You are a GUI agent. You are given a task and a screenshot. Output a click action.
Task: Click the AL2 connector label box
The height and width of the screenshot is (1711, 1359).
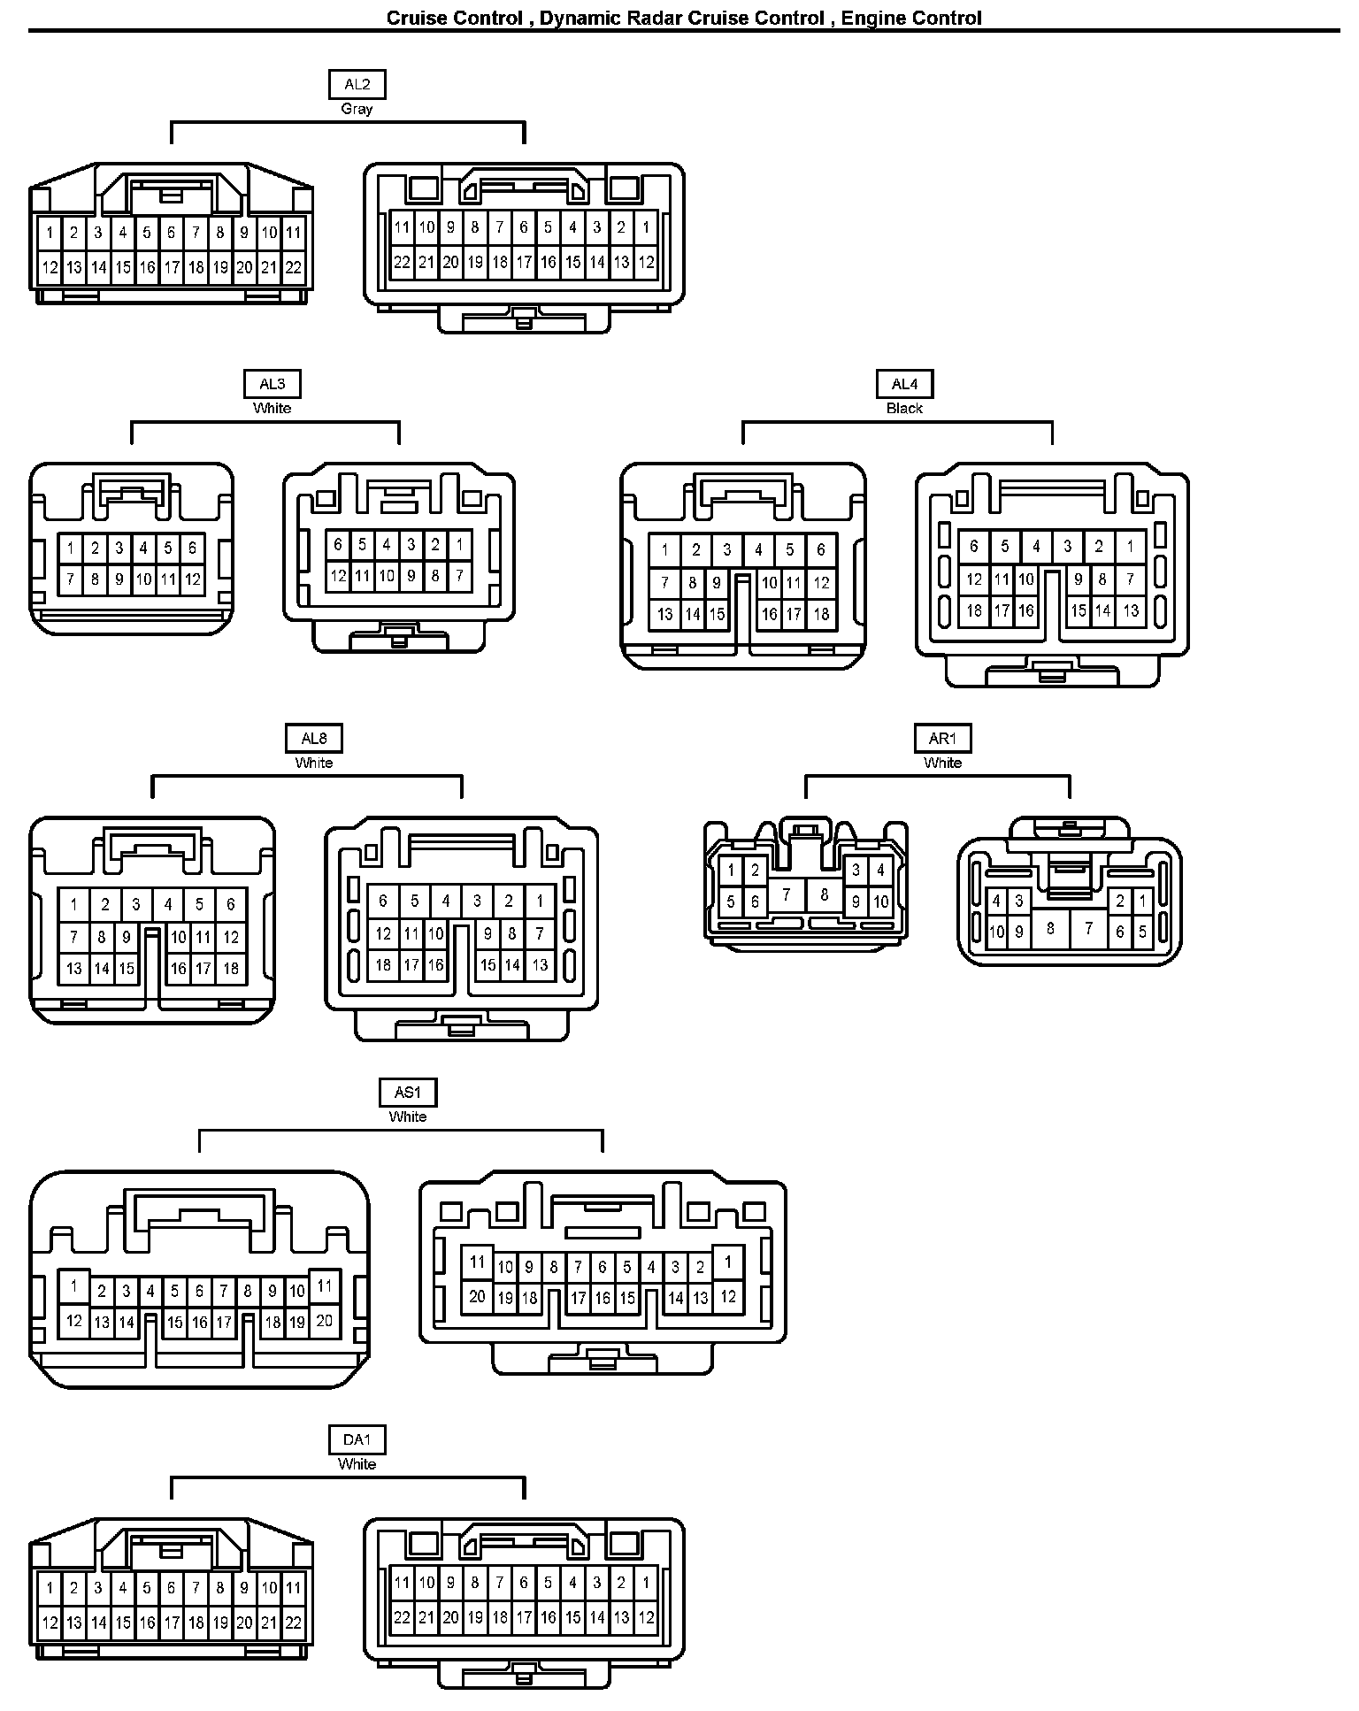tap(357, 85)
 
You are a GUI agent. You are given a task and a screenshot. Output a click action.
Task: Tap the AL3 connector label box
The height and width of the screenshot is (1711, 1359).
tap(273, 384)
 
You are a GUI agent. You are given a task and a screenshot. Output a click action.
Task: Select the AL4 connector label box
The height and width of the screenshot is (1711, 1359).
tap(904, 384)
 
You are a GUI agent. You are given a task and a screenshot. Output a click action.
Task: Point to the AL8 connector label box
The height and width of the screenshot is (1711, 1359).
tap(314, 739)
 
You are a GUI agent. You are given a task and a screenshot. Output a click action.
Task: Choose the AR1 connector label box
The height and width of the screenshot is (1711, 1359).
tap(942, 739)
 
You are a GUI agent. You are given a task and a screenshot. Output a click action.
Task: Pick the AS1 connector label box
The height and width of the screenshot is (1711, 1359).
tap(408, 1093)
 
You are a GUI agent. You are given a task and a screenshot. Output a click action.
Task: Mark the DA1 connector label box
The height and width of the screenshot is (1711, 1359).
tap(357, 1440)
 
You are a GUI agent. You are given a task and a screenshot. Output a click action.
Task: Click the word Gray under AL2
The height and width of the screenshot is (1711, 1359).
tap(357, 109)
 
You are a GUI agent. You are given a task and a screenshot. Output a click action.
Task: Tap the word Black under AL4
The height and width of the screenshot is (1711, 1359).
tap(904, 408)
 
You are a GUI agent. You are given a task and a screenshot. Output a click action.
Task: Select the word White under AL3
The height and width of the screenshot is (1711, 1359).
tap(273, 408)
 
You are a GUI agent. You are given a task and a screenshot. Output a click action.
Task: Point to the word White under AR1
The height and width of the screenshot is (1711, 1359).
tap(942, 763)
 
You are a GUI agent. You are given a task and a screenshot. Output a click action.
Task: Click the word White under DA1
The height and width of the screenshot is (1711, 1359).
tap(357, 1464)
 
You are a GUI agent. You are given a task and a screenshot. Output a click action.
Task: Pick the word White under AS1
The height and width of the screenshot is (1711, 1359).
tap(408, 1116)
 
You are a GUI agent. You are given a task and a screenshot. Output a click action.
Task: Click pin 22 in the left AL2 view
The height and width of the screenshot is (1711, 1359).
tap(293, 267)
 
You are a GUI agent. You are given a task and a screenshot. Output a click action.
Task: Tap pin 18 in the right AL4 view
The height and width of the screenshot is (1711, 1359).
tap(974, 610)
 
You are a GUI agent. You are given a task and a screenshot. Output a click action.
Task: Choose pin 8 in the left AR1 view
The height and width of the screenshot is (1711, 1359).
tap(824, 894)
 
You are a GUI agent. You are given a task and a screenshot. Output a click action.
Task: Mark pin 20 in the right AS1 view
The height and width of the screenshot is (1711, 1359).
tap(478, 1297)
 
